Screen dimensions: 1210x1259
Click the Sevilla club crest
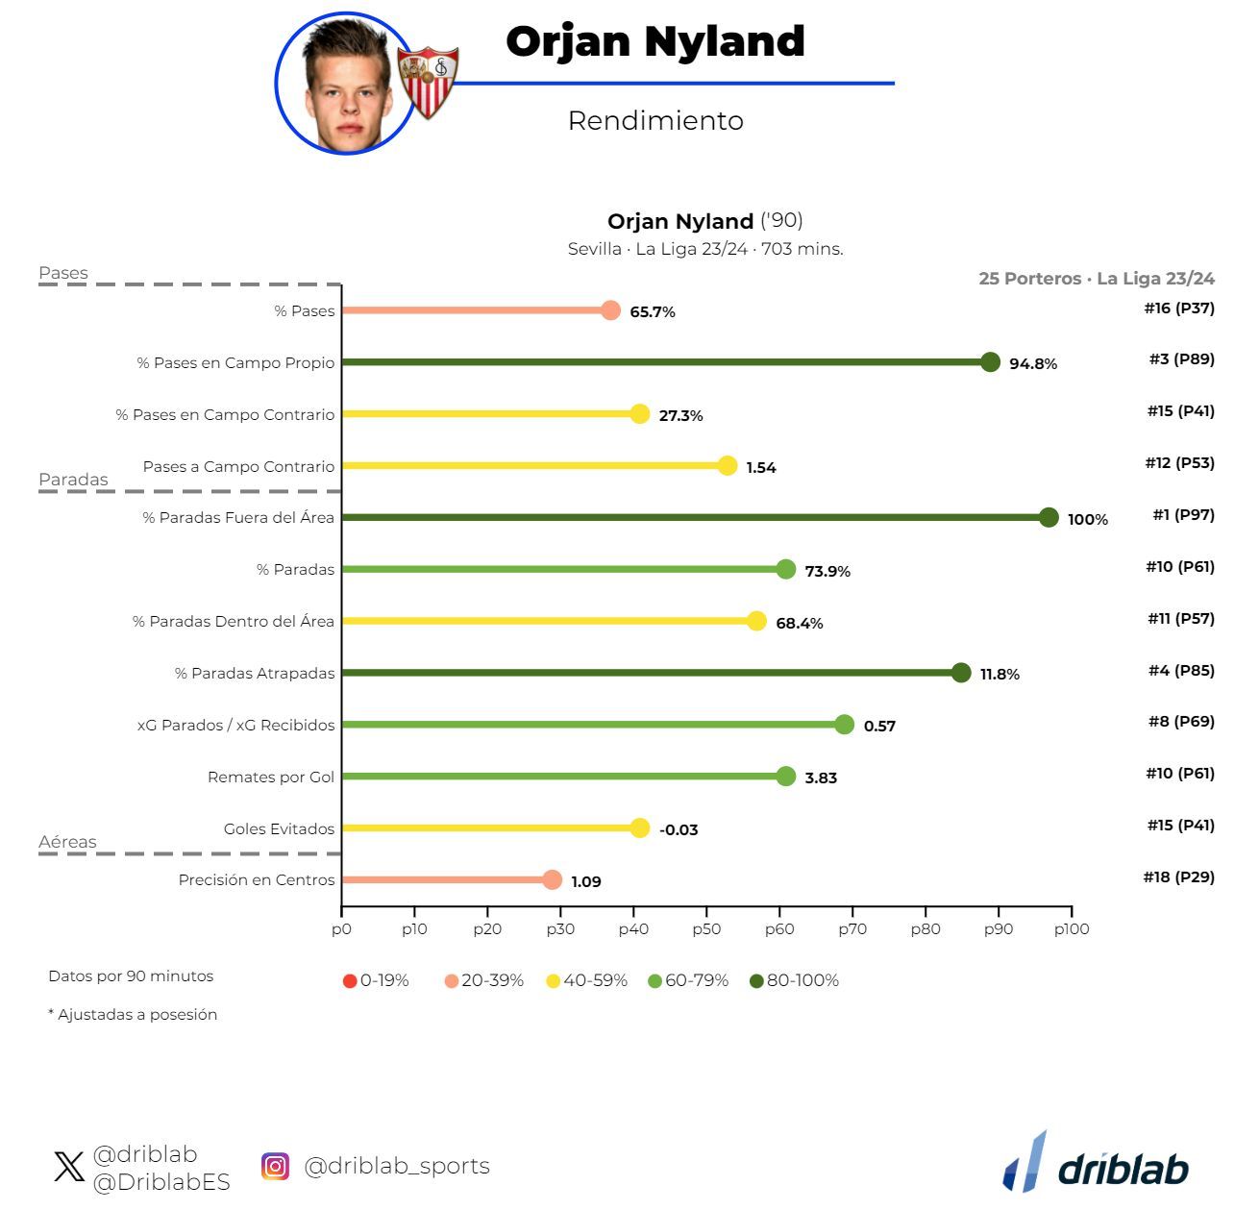[x=428, y=82]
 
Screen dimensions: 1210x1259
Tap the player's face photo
[x=343, y=85]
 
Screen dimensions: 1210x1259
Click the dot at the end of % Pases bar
[x=610, y=310]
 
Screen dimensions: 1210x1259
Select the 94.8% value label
[x=1033, y=364]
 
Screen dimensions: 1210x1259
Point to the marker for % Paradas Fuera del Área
[x=1049, y=518]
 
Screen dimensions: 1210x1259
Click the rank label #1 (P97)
[x=1183, y=515]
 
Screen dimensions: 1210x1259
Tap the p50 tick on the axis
[x=706, y=928]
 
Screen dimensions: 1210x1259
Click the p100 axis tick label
[x=1072, y=929]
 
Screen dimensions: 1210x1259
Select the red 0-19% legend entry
[x=376, y=981]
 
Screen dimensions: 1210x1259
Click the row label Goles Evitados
[x=279, y=828]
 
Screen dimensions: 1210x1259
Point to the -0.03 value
[x=679, y=830]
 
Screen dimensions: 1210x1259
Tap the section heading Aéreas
[x=67, y=842]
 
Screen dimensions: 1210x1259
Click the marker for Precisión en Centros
[x=552, y=880]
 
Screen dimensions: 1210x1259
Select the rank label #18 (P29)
[x=1178, y=877]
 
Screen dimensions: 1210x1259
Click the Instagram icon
[x=276, y=1167]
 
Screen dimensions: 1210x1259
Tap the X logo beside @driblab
[x=69, y=1168]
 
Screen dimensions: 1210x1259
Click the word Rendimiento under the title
[x=655, y=121]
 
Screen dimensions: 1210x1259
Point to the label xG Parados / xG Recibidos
[x=236, y=726]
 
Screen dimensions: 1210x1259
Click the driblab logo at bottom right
[x=1097, y=1165]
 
